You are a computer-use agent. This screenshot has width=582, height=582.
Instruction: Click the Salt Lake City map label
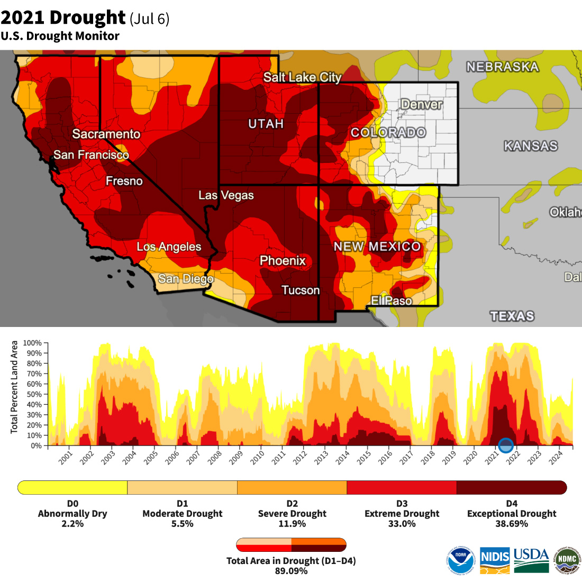(x=302, y=77)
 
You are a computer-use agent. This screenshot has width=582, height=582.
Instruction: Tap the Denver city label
(x=421, y=104)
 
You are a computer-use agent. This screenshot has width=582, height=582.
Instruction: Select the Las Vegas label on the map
(x=226, y=195)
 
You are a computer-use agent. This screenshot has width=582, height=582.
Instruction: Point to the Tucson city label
(x=301, y=290)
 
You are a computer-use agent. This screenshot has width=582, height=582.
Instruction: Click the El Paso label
(x=391, y=301)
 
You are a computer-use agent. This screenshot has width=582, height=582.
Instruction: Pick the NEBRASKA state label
(x=502, y=67)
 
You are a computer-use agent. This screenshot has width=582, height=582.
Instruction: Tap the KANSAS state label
(x=530, y=146)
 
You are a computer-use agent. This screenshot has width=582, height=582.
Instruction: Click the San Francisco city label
(x=91, y=155)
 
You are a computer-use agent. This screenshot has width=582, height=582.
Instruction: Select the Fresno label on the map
(x=124, y=181)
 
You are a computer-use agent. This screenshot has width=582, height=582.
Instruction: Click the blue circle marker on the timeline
(x=506, y=445)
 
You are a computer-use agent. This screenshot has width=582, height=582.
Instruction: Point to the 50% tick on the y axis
(x=35, y=394)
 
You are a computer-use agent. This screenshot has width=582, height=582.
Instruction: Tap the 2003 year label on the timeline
(x=108, y=458)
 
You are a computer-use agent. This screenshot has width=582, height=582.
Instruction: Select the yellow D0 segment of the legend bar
(x=73, y=487)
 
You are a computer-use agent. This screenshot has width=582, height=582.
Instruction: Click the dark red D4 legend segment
(x=511, y=487)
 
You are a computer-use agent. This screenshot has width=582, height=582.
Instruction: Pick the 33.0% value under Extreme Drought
(x=402, y=524)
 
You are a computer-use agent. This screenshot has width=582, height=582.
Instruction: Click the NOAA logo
(x=461, y=560)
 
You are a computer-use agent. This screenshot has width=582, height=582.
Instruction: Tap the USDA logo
(x=531, y=560)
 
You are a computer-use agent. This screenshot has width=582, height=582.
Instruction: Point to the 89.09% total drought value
(x=291, y=571)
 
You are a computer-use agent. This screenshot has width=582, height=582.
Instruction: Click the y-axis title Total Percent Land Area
(x=14, y=387)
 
